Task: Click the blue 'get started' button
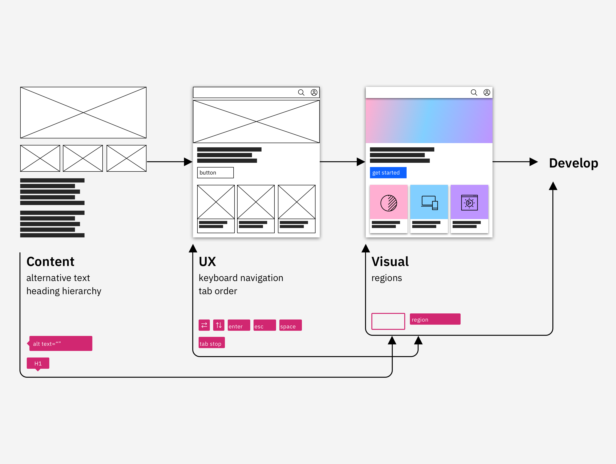(x=388, y=173)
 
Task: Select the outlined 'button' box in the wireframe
(x=215, y=173)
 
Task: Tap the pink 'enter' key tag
(x=239, y=325)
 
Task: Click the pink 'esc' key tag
(x=264, y=325)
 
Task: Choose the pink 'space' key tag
(x=290, y=325)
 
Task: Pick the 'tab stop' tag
(x=211, y=343)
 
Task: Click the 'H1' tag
(x=38, y=363)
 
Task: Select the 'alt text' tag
(x=61, y=343)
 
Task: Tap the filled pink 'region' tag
(x=435, y=319)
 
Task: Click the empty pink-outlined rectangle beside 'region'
(x=388, y=321)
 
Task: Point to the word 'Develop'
(x=574, y=163)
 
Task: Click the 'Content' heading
(x=50, y=262)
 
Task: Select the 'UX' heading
(x=208, y=262)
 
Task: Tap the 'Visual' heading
(x=390, y=262)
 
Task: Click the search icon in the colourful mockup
(x=474, y=92)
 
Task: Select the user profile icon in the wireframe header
(x=314, y=92)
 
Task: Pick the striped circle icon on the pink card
(x=389, y=203)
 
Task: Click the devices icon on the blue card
(x=429, y=203)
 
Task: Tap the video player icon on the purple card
(x=469, y=203)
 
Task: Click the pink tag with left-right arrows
(x=204, y=325)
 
